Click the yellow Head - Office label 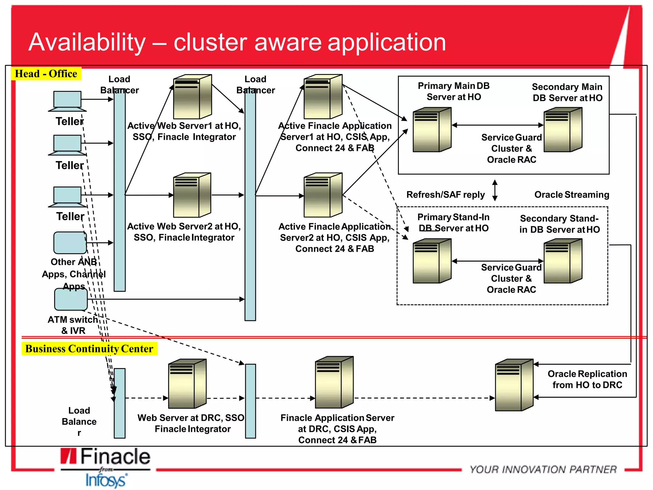(x=46, y=74)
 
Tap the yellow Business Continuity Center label (x=89, y=349)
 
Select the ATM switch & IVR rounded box (x=71, y=299)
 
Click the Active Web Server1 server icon (x=192, y=97)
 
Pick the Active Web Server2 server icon (x=192, y=195)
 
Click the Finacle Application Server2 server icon (x=323, y=195)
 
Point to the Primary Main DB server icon (x=432, y=130)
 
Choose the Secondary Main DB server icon (x=563, y=130)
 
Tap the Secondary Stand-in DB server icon (x=563, y=261)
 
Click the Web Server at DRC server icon (x=187, y=384)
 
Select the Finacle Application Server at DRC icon (x=334, y=382)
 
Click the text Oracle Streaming (x=572, y=195)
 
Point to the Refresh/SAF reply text (x=445, y=195)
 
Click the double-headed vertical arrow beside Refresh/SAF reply (x=495, y=190)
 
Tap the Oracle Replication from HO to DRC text (x=587, y=379)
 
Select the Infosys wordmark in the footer (x=106, y=480)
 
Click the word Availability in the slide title (x=87, y=42)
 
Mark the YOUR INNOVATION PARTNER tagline (x=543, y=469)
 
